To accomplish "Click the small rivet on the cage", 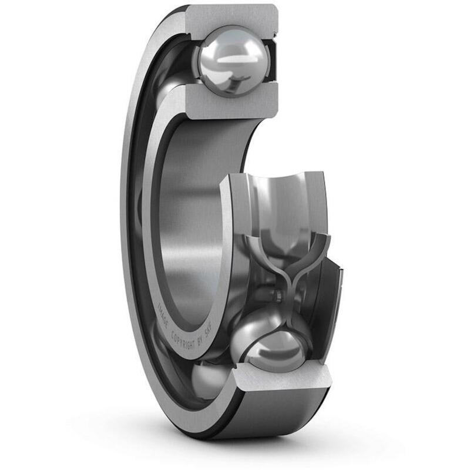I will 274,293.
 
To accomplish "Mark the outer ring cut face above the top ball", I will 235,16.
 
